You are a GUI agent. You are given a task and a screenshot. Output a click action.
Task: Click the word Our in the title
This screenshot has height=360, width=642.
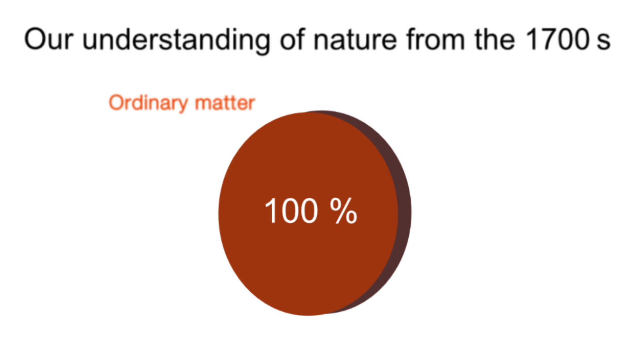(x=49, y=39)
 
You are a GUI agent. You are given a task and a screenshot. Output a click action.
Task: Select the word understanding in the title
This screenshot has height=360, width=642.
(x=176, y=41)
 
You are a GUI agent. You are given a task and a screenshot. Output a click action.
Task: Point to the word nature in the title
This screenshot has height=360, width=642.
(x=355, y=40)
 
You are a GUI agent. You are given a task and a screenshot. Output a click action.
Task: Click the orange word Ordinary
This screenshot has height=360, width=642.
(x=148, y=103)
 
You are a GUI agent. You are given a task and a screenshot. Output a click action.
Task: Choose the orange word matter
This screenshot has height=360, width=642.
(x=225, y=103)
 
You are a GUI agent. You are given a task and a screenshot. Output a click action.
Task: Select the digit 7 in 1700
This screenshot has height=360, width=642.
(x=548, y=39)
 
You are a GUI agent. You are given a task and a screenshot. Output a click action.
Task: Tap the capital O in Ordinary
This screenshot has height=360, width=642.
(x=116, y=103)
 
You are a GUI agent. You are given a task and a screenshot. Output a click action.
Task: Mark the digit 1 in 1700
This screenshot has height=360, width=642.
(x=532, y=39)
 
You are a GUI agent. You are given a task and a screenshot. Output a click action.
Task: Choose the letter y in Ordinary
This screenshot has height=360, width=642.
(x=182, y=105)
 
